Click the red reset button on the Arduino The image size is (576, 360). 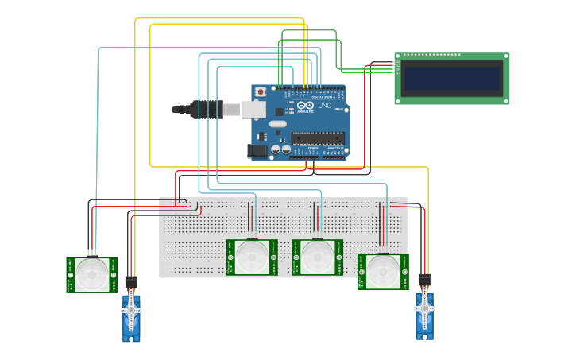coord(260,92)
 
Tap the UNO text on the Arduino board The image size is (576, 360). coord(325,106)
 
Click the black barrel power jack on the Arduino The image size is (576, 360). coord(258,149)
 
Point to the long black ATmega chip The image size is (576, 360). coord(317,137)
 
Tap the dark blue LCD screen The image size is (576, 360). coord(451,78)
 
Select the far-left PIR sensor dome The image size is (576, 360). coord(91,275)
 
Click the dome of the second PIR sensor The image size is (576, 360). coord(252,257)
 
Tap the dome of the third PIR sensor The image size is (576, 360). coord(317,257)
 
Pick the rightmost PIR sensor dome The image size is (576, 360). coord(382,272)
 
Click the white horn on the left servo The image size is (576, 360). coord(131,304)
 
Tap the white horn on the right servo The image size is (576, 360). coord(424,303)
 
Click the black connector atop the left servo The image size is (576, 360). coord(131,282)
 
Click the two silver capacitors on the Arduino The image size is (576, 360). coord(280,149)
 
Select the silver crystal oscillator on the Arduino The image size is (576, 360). coord(276,124)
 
